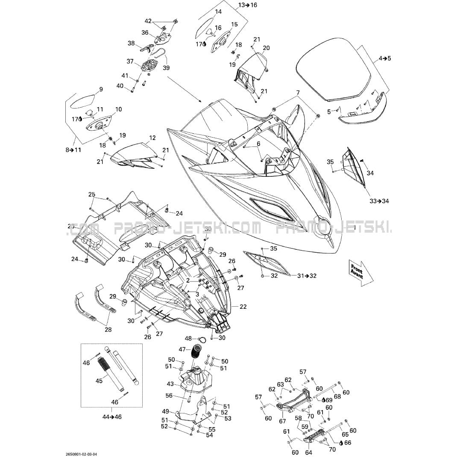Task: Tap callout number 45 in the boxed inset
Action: (x=99, y=381)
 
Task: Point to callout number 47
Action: (x=182, y=349)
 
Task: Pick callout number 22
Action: (x=243, y=307)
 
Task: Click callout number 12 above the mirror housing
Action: (x=152, y=138)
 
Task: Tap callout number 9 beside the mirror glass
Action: (x=101, y=90)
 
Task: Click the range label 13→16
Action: (x=248, y=5)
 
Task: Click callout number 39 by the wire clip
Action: (x=166, y=68)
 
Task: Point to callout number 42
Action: (x=148, y=21)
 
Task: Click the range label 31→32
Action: (x=307, y=276)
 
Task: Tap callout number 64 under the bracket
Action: (x=308, y=452)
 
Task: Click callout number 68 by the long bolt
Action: (x=337, y=396)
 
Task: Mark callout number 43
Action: (x=170, y=384)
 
